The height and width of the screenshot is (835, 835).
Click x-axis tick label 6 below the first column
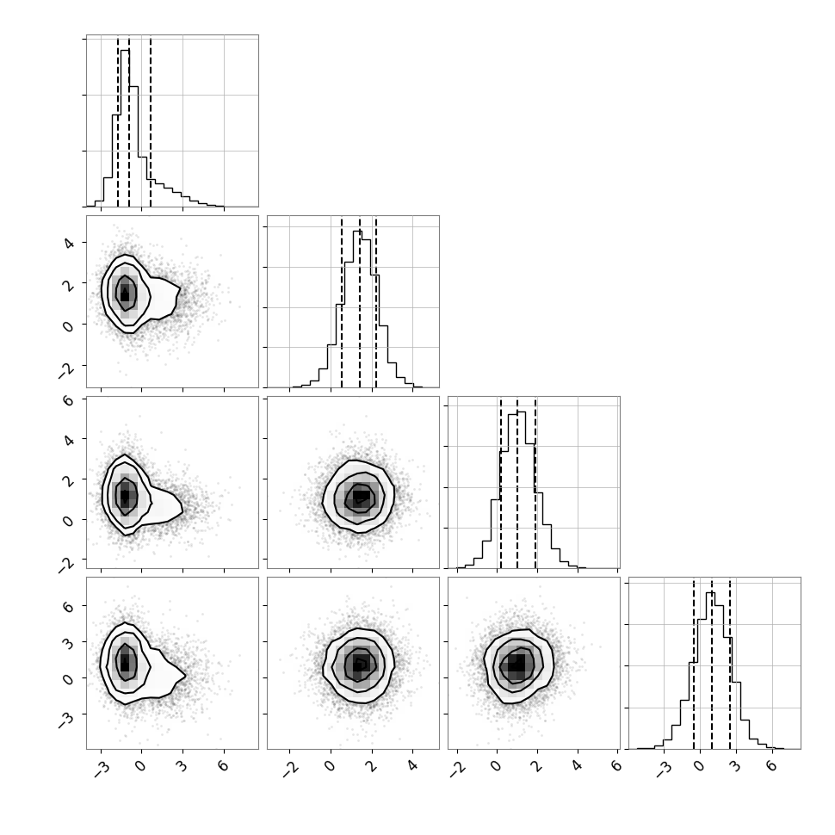click(223, 766)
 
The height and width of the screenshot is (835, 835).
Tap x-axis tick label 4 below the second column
click(411, 766)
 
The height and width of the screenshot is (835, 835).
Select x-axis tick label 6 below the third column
click(616, 766)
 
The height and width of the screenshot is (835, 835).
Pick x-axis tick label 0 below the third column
click(497, 766)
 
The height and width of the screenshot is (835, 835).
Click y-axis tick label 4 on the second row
click(69, 244)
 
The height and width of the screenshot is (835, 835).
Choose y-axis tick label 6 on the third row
click(69, 399)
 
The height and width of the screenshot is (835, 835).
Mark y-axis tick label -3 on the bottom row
click(66, 719)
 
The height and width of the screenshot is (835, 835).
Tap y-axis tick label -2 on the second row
click(66, 370)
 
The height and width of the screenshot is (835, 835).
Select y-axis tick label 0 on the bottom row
click(69, 679)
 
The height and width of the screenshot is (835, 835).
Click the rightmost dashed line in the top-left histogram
click(151, 121)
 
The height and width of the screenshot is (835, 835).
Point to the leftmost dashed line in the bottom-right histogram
click(693, 663)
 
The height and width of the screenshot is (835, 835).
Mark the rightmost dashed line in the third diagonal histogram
click(535, 482)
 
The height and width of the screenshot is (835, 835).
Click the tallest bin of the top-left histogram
click(125, 127)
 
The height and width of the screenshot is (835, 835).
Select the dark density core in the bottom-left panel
click(125, 664)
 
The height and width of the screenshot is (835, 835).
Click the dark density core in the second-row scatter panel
click(125, 294)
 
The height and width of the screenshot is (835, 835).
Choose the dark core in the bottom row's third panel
click(516, 664)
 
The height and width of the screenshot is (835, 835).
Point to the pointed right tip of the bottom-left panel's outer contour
click(185, 676)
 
